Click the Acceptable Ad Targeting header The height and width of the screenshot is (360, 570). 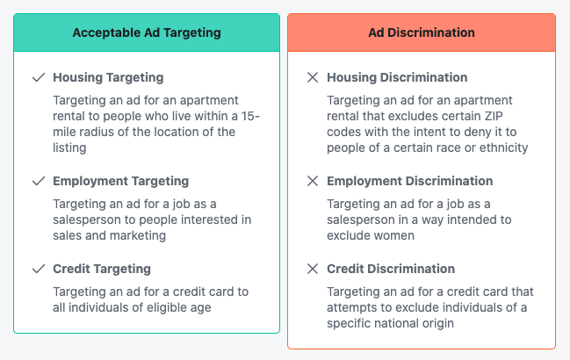(147, 32)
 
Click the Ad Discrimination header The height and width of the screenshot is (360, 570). (422, 32)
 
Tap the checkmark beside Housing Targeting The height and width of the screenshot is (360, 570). (38, 77)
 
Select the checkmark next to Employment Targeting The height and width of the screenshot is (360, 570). (38, 181)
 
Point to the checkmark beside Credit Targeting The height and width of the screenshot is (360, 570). (38, 269)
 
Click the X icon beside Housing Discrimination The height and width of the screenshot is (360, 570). (312, 77)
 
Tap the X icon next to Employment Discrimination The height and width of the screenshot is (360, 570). (312, 181)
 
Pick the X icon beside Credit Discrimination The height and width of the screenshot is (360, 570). (312, 269)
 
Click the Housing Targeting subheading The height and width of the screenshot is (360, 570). (108, 77)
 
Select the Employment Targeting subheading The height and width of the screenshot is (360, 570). (120, 181)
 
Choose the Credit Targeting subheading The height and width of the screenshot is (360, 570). (102, 269)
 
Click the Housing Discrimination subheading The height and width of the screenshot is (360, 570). (397, 77)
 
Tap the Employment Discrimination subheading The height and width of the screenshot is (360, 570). (409, 181)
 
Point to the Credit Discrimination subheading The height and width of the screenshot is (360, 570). (391, 269)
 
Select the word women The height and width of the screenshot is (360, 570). (395, 235)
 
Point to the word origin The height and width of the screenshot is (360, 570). (434, 323)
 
